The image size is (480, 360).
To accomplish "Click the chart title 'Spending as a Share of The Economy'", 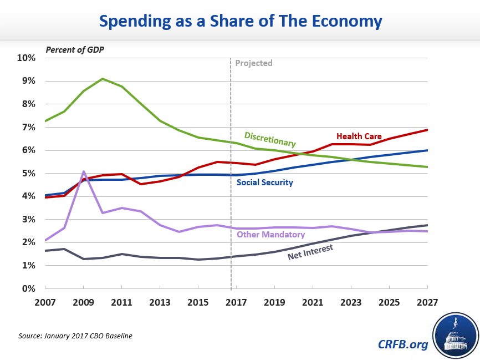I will click(240, 21).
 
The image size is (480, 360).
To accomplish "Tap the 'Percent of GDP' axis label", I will click(75, 49).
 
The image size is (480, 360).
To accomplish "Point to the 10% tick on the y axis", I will click(27, 58).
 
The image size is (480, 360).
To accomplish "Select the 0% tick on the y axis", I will click(29, 288).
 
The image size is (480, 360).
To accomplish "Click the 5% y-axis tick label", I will click(29, 173).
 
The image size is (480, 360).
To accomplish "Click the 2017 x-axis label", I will click(237, 302).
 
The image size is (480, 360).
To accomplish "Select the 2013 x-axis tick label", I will click(160, 302).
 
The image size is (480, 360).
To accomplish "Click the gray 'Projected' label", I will click(254, 63).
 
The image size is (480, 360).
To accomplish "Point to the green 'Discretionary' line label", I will click(270, 139).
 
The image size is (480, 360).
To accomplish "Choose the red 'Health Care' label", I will click(358, 136).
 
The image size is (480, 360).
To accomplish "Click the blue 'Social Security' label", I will click(265, 182).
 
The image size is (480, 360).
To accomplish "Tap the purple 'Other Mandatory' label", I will click(271, 234).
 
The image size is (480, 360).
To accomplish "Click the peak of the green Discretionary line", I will click(103, 79).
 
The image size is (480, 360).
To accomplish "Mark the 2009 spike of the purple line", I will click(83, 171).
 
